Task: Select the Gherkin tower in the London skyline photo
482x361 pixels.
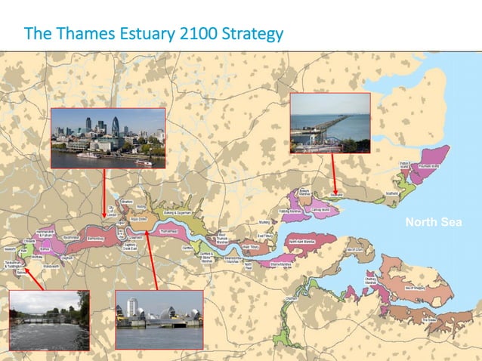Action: (116, 127)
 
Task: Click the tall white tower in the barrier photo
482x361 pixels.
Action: (132, 308)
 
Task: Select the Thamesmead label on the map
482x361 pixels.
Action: (169, 232)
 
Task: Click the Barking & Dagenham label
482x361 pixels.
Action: (172, 214)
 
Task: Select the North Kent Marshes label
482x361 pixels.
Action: (301, 240)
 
